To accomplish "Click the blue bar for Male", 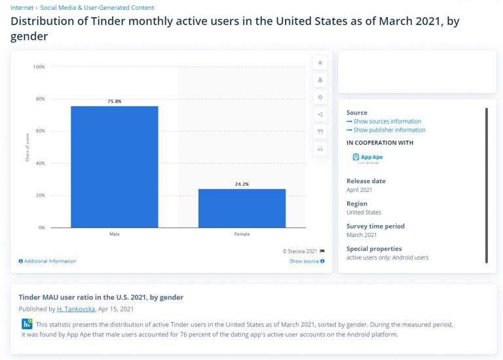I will point(114,166).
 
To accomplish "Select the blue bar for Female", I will point(242,207).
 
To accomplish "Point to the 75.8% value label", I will point(114,101).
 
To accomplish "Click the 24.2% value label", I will point(242,185).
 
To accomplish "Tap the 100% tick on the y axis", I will point(39,67).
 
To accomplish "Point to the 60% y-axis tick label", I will point(40,131).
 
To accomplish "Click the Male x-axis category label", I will point(114,234).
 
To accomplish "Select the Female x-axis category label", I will point(242,234).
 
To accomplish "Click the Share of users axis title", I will point(28,147).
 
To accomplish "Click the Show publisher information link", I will point(386,130).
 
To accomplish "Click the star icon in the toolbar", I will point(320,63).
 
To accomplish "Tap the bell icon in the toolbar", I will point(320,80).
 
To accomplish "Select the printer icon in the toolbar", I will point(320,149).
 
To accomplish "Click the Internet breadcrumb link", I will point(22,8).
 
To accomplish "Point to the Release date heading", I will point(365,181).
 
